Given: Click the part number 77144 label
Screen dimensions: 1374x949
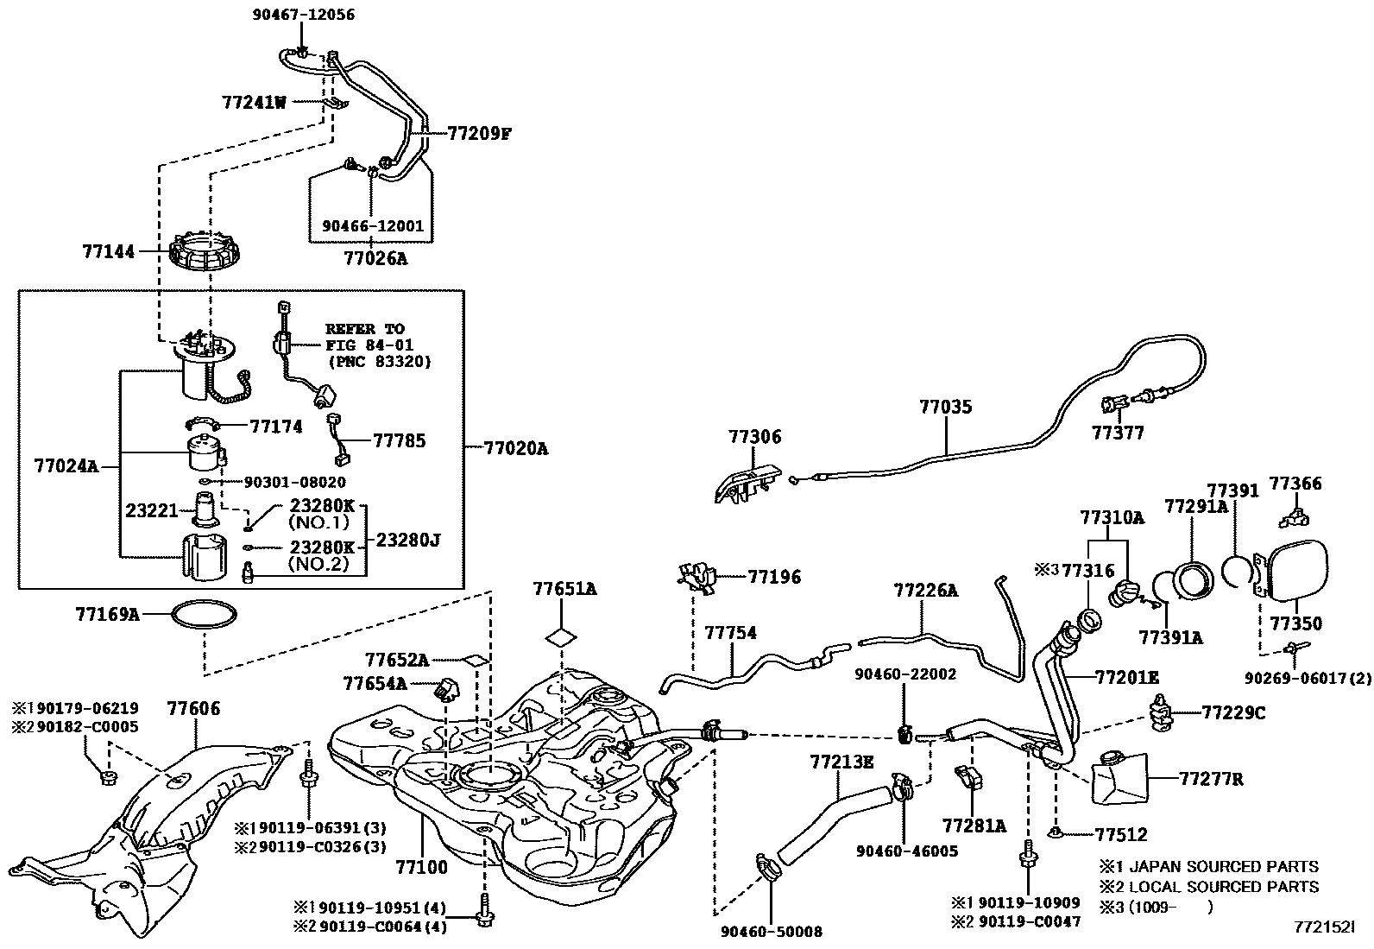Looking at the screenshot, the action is click(109, 251).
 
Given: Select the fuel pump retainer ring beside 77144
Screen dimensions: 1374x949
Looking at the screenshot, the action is click(204, 251).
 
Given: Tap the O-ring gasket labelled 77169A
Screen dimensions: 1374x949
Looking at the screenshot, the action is click(204, 615).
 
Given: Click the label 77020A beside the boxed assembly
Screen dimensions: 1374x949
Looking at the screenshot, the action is click(516, 449).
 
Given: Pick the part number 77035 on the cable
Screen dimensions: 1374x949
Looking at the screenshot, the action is click(945, 407).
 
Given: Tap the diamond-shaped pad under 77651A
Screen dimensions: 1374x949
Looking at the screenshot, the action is click(561, 638).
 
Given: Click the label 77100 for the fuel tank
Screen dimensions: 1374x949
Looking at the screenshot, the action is click(421, 867).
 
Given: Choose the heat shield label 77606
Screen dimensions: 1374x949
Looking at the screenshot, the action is click(193, 708).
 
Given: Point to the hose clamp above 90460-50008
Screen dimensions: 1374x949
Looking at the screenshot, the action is click(770, 865).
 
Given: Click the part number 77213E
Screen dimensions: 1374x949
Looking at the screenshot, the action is click(841, 762).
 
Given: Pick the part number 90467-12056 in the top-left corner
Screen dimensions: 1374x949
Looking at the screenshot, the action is click(304, 15).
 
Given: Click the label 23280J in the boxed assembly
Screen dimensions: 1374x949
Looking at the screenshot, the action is click(407, 541).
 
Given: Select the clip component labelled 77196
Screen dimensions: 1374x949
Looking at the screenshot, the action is click(697, 578).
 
